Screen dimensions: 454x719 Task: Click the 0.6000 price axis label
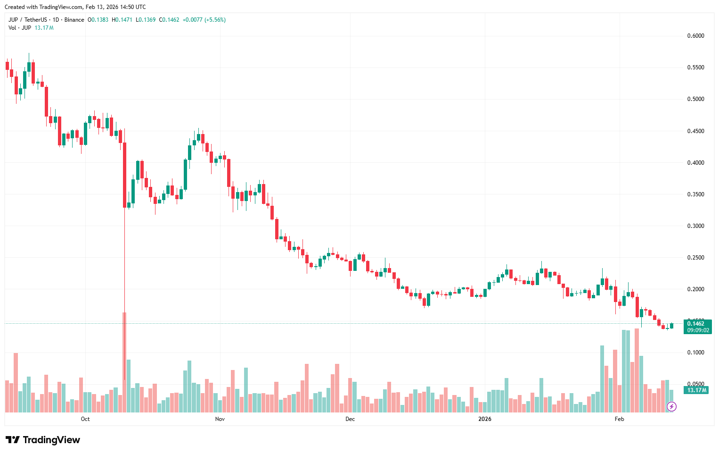[x=695, y=36]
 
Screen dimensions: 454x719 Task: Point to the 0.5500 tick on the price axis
[x=695, y=67]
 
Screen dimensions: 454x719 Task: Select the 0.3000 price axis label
[x=695, y=226]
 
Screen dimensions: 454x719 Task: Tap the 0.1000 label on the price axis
[x=695, y=353]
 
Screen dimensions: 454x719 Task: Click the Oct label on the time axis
[x=85, y=419]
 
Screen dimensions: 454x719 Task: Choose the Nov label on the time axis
[x=220, y=419]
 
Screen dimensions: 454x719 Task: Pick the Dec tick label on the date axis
[x=350, y=419]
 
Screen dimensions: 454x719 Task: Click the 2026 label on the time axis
[x=485, y=419]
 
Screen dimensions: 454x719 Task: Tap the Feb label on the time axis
[x=620, y=419]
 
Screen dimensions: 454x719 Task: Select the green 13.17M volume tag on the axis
[x=697, y=390]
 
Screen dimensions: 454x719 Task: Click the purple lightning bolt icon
[x=672, y=406]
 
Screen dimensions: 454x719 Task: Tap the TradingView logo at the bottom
[x=43, y=440]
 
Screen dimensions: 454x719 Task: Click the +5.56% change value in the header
[x=215, y=20]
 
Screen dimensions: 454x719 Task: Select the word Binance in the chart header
[x=74, y=20]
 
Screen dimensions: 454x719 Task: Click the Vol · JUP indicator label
[x=20, y=28]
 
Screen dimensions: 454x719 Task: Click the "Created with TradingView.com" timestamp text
[x=75, y=7]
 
